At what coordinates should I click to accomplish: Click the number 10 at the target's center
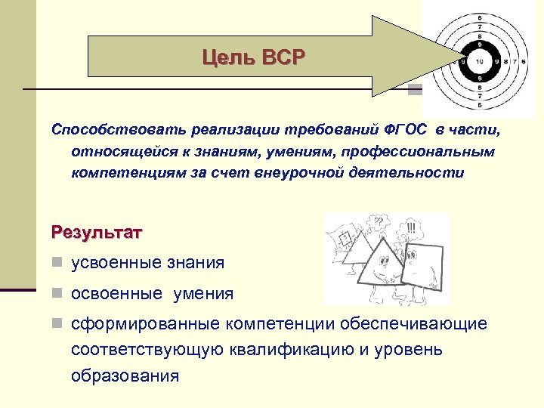[x=478, y=60]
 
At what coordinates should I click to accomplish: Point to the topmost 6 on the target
[x=478, y=17]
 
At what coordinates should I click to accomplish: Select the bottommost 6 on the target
[x=478, y=105]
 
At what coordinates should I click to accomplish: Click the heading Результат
[x=96, y=231]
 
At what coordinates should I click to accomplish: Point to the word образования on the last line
[x=125, y=376]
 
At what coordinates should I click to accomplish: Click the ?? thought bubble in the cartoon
[x=377, y=222]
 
